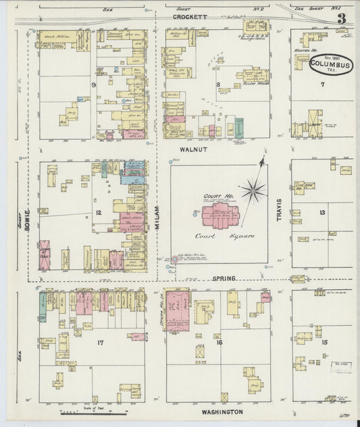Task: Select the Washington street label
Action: click(221, 411)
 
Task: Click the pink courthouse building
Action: click(220, 218)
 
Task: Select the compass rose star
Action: click(253, 190)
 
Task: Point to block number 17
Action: click(100, 343)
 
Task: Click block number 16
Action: click(219, 343)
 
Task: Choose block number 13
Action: click(322, 212)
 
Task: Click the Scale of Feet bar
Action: click(91, 411)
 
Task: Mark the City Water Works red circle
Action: click(174, 259)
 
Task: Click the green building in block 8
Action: click(238, 128)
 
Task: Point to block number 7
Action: click(323, 84)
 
